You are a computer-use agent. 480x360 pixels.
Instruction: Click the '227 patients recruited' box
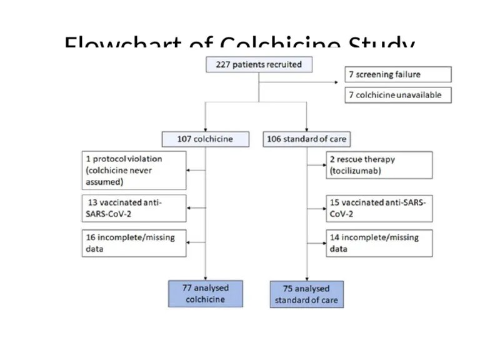259,64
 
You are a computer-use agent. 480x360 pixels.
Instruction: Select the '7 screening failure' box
397,74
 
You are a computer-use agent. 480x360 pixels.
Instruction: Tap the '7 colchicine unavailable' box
397,95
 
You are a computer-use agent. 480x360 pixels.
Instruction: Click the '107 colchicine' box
204,139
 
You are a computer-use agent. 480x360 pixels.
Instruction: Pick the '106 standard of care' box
306,139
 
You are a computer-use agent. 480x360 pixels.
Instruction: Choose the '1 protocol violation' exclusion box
134,170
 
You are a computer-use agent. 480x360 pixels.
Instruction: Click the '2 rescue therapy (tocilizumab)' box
378,165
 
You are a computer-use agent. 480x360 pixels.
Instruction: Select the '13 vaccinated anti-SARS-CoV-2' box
134,208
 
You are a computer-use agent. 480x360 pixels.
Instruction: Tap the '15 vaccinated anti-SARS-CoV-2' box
378,208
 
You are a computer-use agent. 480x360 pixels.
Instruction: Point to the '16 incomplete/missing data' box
134,243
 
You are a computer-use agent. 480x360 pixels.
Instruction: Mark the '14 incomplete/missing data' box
378,243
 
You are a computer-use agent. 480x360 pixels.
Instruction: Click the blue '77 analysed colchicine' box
204,294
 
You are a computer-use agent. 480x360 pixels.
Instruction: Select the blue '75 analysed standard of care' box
306,294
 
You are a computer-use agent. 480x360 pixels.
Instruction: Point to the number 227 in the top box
224,64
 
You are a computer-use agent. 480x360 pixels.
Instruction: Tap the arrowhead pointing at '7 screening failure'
342,81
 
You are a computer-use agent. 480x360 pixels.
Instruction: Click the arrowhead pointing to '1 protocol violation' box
189,169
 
